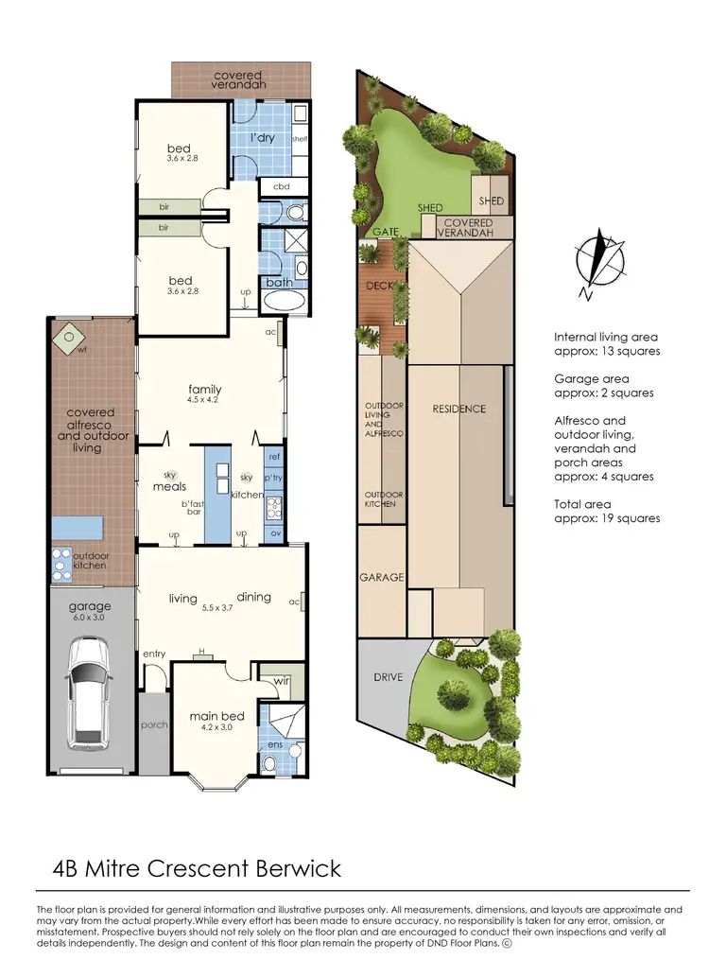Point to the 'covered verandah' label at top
[x=238, y=79]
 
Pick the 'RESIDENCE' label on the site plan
[x=459, y=409]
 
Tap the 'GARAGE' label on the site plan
[x=381, y=577]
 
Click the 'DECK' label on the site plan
[x=377, y=285]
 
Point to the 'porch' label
[x=153, y=725]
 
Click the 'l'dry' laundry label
[x=262, y=138]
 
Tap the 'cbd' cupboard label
[x=281, y=186]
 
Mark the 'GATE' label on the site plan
[x=384, y=232]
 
